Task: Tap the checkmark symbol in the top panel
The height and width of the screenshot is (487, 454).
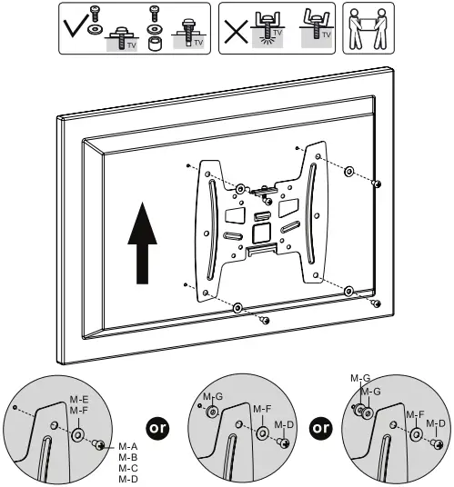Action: click(x=76, y=27)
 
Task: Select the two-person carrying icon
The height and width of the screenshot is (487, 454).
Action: click(x=363, y=26)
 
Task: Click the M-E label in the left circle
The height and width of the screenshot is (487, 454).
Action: click(x=78, y=400)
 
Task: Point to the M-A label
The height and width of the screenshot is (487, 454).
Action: click(x=127, y=446)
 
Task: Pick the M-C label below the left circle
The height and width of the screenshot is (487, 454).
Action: click(x=127, y=468)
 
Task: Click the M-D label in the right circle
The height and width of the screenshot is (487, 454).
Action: click(x=437, y=423)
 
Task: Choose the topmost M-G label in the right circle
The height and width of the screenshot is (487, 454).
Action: click(x=360, y=377)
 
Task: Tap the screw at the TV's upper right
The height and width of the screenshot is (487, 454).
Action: click(x=376, y=184)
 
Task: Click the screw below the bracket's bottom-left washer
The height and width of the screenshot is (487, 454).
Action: click(x=264, y=320)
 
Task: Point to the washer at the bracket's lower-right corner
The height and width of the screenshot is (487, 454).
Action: click(x=348, y=290)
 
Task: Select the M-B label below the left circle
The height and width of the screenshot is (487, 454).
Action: click(x=127, y=457)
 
